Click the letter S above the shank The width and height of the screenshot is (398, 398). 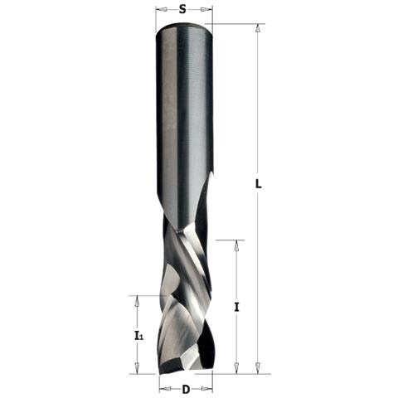coord(182,12)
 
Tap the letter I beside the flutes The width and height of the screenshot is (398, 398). coord(237,307)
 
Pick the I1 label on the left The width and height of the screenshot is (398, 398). coord(138,336)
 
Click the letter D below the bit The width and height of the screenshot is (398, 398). coord(186,389)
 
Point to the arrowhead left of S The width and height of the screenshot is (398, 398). coord(159,12)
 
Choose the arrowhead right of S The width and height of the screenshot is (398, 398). coord(208,12)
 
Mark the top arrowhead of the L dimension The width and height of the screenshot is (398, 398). coord(258,28)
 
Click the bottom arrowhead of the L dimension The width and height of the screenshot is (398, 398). coord(258,369)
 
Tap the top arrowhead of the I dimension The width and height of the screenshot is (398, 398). coord(237,245)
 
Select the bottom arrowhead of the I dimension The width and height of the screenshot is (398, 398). coord(237,369)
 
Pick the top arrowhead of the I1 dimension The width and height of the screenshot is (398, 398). coord(138,298)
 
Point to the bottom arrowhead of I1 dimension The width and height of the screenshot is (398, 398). coord(138,369)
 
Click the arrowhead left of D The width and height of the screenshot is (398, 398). coord(163,388)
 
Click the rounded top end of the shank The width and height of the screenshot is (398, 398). coord(183,27)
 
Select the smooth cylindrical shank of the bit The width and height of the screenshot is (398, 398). coord(183,108)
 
